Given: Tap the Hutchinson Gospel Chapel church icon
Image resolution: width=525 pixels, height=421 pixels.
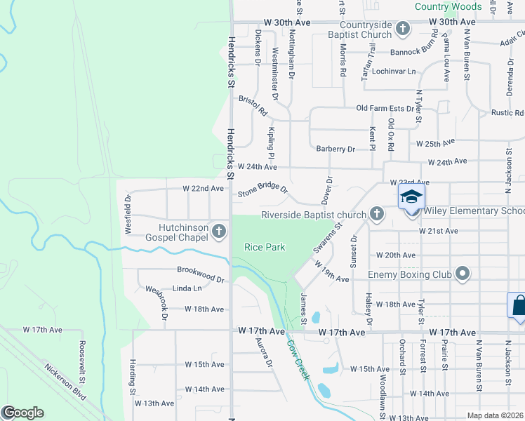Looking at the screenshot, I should (219, 230).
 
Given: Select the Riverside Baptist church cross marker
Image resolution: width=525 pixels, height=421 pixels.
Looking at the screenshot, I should (376, 214).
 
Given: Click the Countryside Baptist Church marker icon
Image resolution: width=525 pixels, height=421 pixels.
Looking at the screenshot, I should (402, 29).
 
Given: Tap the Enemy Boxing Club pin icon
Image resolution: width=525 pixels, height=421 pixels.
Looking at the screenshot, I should (462, 274).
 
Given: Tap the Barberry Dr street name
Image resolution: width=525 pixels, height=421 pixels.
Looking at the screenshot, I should (335, 149).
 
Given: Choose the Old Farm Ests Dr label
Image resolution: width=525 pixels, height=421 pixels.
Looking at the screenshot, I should (385, 108).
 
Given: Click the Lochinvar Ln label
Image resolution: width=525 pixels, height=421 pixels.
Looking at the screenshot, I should (394, 72).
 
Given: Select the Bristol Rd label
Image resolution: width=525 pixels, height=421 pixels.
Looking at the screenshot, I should (253, 107).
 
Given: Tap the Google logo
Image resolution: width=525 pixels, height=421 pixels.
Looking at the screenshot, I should (23, 413).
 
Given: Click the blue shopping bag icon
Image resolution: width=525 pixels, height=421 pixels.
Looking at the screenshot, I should (518, 305).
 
